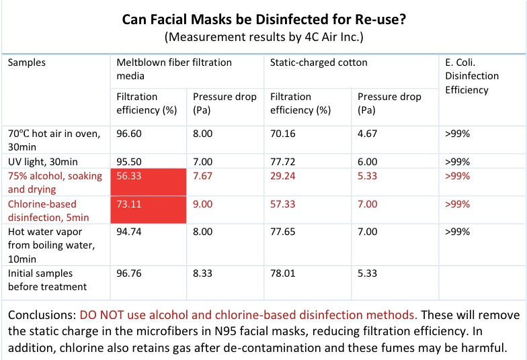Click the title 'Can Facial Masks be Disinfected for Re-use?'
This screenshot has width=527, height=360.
click(263, 19)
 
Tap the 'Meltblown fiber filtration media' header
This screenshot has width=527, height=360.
click(174, 69)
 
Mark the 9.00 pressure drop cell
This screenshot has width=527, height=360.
click(203, 204)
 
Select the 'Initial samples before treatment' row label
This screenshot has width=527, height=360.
click(47, 280)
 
